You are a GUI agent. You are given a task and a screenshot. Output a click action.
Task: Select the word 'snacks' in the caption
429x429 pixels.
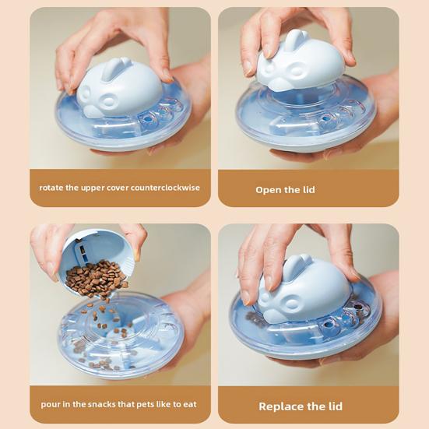(102, 404)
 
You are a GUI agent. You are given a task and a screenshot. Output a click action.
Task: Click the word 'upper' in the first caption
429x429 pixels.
(93, 188)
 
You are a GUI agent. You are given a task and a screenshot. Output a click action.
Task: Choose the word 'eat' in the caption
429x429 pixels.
(190, 405)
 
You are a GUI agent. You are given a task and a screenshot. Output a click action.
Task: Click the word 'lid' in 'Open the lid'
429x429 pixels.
(309, 190)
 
